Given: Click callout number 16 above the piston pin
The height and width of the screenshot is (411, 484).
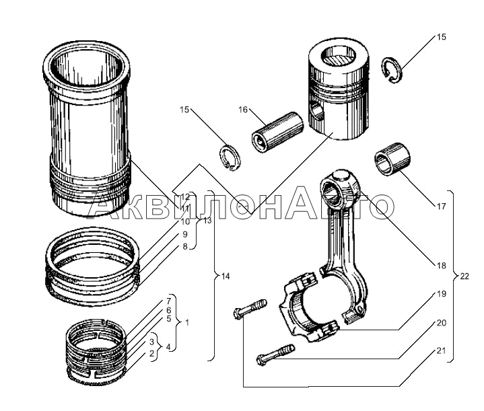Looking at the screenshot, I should (243, 109).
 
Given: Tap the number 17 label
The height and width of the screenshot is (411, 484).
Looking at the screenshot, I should (441, 207).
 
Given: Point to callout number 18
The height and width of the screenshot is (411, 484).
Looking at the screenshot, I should (441, 265).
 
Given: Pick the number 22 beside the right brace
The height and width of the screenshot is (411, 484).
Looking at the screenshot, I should (464, 276).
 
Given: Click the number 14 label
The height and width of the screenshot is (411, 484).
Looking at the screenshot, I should (225, 276).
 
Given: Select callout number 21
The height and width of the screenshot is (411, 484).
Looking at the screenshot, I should (441, 350).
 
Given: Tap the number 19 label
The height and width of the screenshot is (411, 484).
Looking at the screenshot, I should (441, 294).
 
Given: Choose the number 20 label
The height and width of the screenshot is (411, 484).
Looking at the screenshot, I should (441, 323).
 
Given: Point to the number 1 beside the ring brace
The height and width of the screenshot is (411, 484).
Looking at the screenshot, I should (186, 323).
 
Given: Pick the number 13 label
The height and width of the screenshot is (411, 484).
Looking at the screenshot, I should (207, 221).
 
